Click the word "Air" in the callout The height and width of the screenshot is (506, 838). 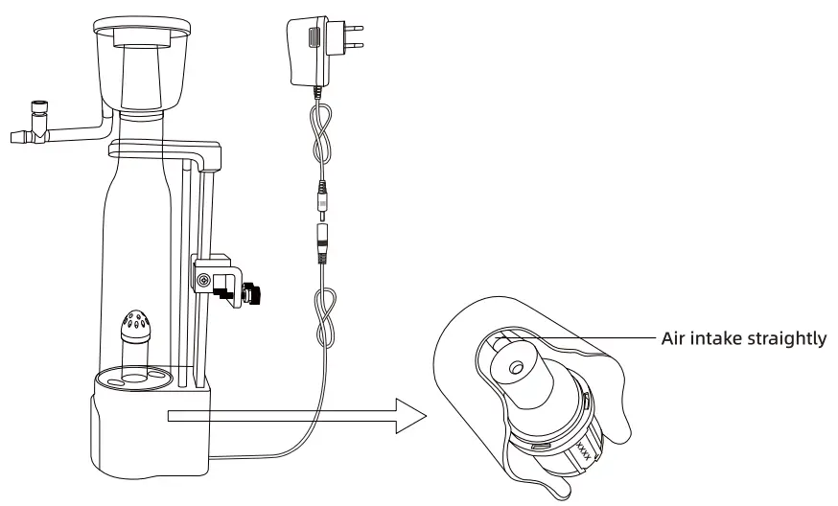[x=674, y=338]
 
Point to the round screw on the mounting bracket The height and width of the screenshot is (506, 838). [x=202, y=280]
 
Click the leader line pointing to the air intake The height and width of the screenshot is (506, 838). [x=599, y=338]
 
